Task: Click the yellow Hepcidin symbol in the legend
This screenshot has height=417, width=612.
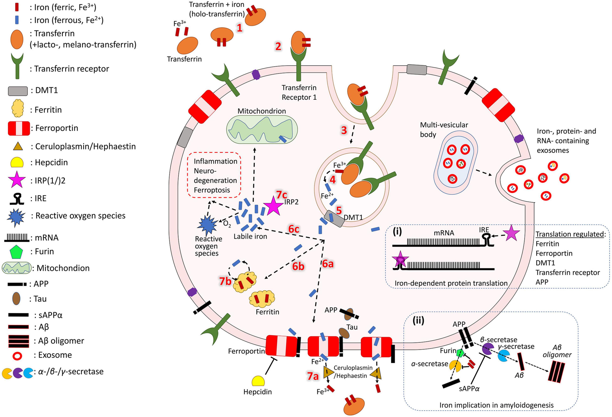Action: pos(17,162)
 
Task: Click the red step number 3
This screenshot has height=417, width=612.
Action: pos(344,130)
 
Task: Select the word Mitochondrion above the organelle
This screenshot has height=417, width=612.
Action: pos(261,111)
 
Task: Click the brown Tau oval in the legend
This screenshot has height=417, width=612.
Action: pos(16,299)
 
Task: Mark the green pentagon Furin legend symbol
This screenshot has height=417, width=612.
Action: pos(16,252)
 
